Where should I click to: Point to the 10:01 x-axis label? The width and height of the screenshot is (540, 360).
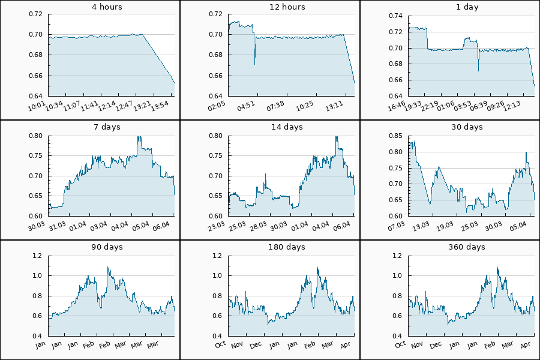point(38,106)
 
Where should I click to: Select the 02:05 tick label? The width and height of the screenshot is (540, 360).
point(218,106)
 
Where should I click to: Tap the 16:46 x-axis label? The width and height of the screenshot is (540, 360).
point(398,106)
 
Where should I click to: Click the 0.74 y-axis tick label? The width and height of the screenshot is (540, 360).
point(395,14)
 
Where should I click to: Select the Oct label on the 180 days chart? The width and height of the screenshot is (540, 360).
point(220,344)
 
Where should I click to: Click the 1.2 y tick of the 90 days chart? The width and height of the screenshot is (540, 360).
point(37,256)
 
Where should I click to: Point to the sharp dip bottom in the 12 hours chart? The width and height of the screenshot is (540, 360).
point(255,64)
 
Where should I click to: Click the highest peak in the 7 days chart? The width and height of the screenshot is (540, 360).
point(139,137)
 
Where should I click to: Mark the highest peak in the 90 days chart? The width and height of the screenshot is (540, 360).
point(108,268)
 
